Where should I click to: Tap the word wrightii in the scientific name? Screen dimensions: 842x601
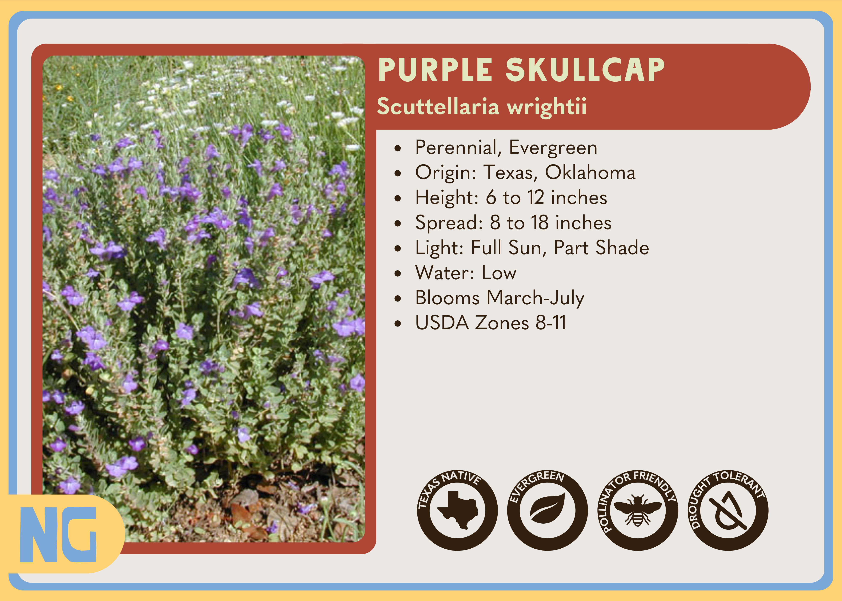coord(546,107)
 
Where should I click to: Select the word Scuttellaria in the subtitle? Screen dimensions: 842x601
coord(438,107)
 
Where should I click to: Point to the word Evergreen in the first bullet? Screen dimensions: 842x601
coord(553,148)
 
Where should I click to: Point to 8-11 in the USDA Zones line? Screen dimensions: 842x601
coord(551,323)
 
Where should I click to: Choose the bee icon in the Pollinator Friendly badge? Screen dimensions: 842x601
coord(638,511)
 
